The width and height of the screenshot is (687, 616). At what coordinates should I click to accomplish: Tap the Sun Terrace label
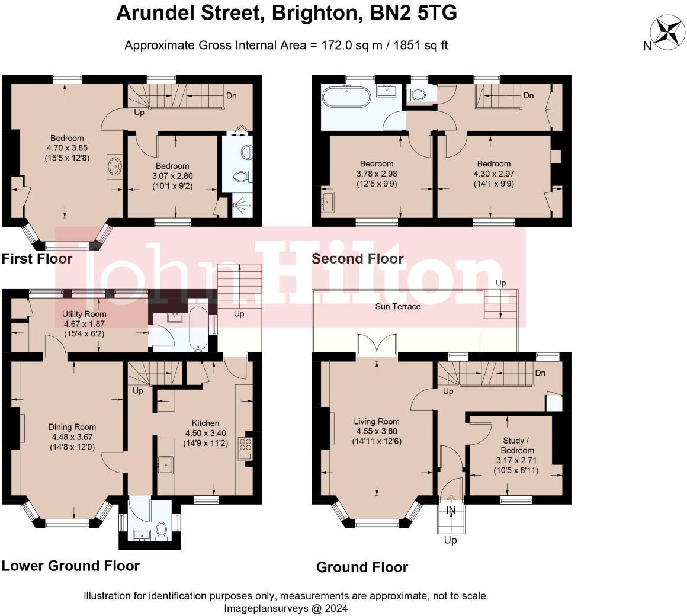pos(398,306)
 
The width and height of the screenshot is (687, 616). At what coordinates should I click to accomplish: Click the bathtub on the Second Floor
pos(345,96)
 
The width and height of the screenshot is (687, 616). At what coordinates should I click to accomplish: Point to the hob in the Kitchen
pos(245,449)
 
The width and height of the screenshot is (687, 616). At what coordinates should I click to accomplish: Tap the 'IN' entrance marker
pos(451,510)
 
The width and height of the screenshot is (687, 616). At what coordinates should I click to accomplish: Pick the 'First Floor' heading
pos(37,259)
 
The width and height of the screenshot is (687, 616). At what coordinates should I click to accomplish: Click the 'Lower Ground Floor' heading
pos(70,566)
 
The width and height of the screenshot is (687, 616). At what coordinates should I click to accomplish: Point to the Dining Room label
pos(72,427)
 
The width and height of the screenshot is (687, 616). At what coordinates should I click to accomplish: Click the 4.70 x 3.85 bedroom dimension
pos(67,148)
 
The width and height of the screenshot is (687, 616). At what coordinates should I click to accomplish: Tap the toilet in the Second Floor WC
pos(418,95)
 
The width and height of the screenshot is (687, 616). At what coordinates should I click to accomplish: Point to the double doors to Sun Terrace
pos(377,344)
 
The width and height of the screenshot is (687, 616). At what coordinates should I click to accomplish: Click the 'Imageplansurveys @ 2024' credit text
pos(285,608)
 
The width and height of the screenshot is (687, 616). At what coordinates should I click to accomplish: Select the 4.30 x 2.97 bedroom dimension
pos(494,174)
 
